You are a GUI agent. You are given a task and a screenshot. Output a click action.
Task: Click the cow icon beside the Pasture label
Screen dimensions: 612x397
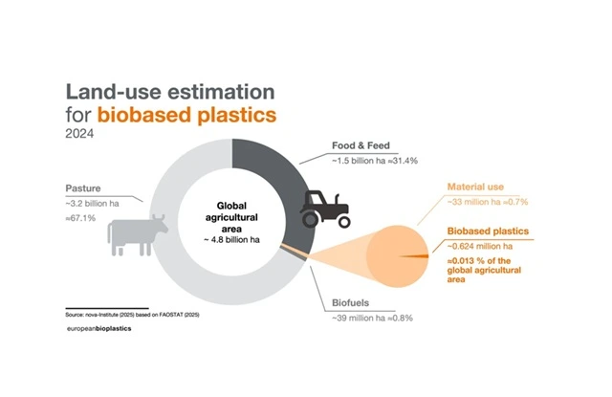(137, 235)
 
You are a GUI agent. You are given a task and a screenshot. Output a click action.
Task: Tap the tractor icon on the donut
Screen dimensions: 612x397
(325, 209)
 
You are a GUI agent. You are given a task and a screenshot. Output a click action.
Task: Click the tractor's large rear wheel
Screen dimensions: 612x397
(310, 220)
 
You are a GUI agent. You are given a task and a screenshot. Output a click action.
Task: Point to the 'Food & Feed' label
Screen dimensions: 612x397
(361, 145)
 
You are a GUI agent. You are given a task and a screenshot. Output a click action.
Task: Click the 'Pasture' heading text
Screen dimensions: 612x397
(83, 188)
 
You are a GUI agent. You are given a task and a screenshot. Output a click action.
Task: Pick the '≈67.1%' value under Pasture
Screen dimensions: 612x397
(80, 218)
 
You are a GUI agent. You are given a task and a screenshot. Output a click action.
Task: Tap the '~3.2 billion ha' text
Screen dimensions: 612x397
(92, 204)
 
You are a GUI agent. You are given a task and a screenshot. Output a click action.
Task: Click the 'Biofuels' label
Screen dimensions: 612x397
(350, 303)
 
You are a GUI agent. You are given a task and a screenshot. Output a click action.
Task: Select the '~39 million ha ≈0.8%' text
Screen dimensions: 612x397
(372, 319)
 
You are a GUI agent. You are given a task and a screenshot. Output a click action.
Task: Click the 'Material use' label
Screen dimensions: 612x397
(475, 187)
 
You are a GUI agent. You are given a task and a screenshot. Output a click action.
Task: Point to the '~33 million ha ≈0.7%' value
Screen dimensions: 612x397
(488, 202)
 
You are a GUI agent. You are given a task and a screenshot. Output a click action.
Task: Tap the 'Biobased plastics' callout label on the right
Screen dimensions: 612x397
(488, 232)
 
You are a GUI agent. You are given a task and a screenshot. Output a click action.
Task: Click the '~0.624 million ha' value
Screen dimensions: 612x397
(480, 246)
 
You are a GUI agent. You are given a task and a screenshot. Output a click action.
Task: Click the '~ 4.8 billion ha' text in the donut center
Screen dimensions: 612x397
(231, 240)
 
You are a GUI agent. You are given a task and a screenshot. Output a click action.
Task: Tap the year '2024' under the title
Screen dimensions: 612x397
(79, 134)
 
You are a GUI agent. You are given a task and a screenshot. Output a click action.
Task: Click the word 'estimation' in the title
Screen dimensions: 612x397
(221, 92)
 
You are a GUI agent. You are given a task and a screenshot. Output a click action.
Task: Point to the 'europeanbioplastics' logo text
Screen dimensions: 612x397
(99, 329)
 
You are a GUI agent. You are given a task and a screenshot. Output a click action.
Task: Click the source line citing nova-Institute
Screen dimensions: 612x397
(132, 315)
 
